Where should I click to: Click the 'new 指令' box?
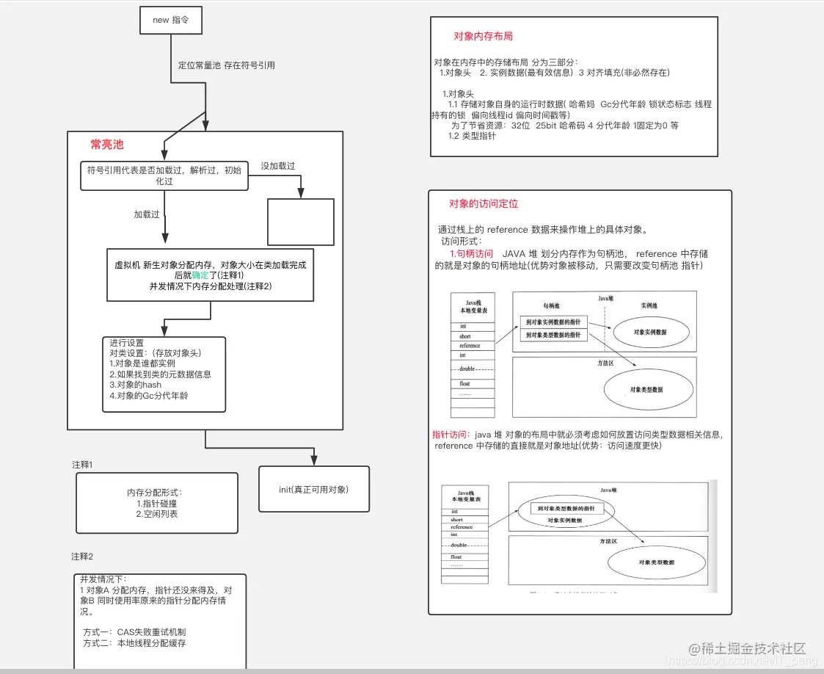coord(170,21)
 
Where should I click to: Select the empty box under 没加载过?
coord(301,222)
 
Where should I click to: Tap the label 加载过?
coord(147,215)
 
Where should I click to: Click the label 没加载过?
coord(278,167)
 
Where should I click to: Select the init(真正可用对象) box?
coord(313,489)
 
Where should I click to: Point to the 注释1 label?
coord(82,465)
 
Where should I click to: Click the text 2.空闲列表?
coord(157,514)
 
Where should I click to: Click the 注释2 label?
coord(82,556)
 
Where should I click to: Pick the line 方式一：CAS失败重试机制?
coord(139,631)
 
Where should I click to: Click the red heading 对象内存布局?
coord(483,36)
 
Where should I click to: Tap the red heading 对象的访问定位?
coord(484,203)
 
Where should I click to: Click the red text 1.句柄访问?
coord(471,253)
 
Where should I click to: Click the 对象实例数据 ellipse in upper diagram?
coord(652,333)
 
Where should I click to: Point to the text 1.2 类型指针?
coord(472,136)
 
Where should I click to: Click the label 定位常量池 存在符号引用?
coord(226,65)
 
